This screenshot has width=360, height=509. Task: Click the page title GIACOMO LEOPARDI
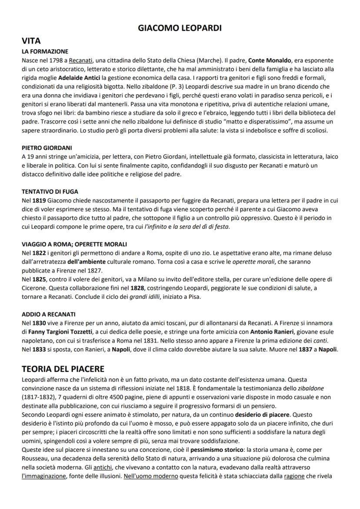click(x=180, y=28)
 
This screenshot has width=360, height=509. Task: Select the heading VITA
click(x=31, y=41)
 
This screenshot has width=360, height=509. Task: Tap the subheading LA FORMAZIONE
click(x=45, y=51)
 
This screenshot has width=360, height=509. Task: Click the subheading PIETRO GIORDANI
click(x=47, y=147)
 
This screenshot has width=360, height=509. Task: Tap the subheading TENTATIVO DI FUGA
click(x=50, y=191)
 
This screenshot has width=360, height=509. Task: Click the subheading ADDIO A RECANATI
click(x=49, y=314)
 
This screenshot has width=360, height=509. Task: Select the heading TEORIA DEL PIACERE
click(x=63, y=369)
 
